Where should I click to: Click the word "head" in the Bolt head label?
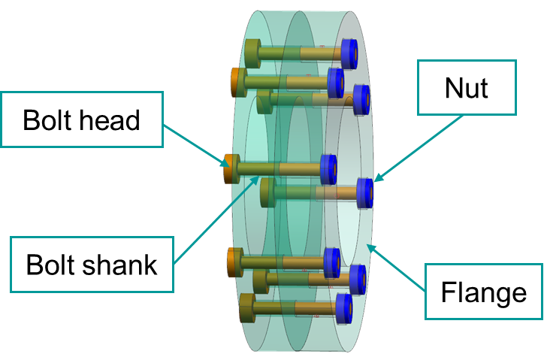112,119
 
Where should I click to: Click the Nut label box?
466,89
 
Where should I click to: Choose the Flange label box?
484,291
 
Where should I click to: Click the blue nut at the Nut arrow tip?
365,193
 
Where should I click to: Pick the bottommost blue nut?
344,309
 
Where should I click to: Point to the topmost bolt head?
252,53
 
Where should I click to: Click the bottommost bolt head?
247,309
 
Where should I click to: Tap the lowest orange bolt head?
234,262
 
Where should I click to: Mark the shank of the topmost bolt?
301,53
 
